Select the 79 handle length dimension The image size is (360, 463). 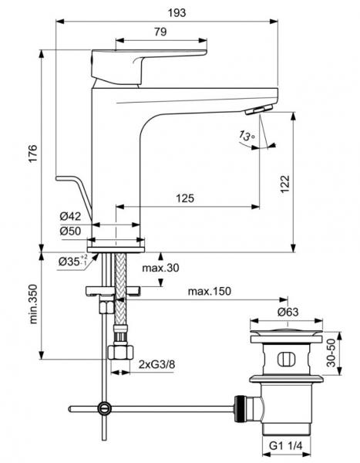coord(161,32)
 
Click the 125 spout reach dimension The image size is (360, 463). coord(184,198)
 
